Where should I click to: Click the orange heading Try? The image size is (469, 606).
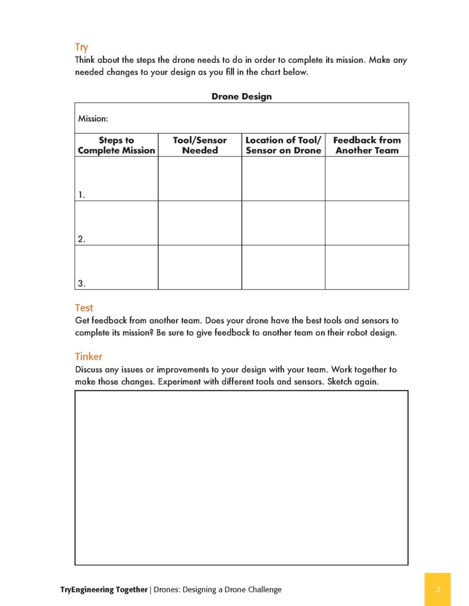coord(81,48)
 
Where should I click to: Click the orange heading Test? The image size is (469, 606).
coord(84,308)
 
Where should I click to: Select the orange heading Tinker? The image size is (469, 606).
coord(89,356)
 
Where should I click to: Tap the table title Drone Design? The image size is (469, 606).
coord(241,96)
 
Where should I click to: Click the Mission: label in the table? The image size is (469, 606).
coord(93,119)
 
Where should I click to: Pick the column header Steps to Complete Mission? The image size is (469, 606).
coord(116,145)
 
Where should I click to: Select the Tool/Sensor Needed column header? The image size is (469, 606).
coord(200,145)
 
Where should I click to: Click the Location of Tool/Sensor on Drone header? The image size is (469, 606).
coord(283,145)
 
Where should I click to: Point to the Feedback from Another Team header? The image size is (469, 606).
coord(367,145)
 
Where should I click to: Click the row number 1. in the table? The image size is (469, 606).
coord(81,195)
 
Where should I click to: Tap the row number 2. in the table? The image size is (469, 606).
coord(81,239)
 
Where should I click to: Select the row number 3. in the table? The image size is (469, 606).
coord(81,283)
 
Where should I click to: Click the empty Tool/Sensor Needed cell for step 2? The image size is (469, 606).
coord(200,223)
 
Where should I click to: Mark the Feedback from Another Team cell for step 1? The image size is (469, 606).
coord(367,178)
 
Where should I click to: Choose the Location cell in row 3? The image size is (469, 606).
coord(283,267)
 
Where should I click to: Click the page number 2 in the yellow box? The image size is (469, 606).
coord(438,590)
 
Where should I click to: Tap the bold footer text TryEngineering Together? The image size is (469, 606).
coord(104,590)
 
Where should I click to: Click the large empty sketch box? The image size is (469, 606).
coord(241,478)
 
